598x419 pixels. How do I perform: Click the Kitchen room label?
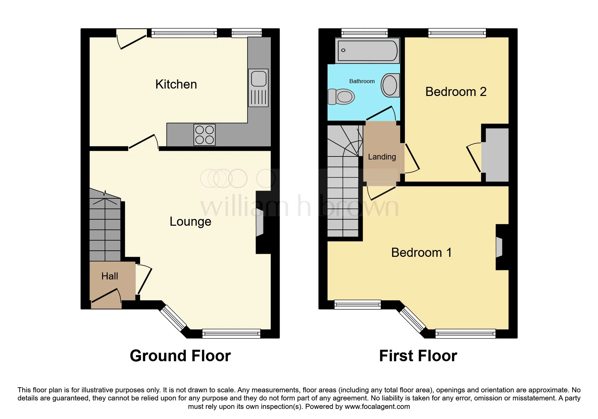click(x=176, y=84)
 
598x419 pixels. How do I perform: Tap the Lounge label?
click(x=190, y=221)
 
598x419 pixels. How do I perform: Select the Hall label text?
click(x=110, y=276)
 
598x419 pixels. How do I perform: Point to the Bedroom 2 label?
click(x=456, y=92)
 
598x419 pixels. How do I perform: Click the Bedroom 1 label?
click(x=421, y=252)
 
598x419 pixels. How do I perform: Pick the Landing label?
click(x=382, y=157)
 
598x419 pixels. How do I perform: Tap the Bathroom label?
click(x=362, y=81)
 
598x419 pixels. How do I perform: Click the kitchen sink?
click(x=259, y=88)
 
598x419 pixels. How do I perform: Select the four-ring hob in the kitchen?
click(x=204, y=135)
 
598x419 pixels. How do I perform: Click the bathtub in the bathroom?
click(x=367, y=51)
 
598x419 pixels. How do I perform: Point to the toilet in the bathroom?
click(x=341, y=97)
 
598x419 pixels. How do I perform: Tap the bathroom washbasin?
click(x=390, y=85)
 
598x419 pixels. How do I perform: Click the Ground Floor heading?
click(x=180, y=356)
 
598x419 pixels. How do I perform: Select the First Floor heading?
click(x=418, y=356)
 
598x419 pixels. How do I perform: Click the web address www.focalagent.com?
click(x=377, y=406)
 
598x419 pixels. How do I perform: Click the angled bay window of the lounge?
click(x=173, y=318)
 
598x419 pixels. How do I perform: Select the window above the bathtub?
click(x=364, y=33)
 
